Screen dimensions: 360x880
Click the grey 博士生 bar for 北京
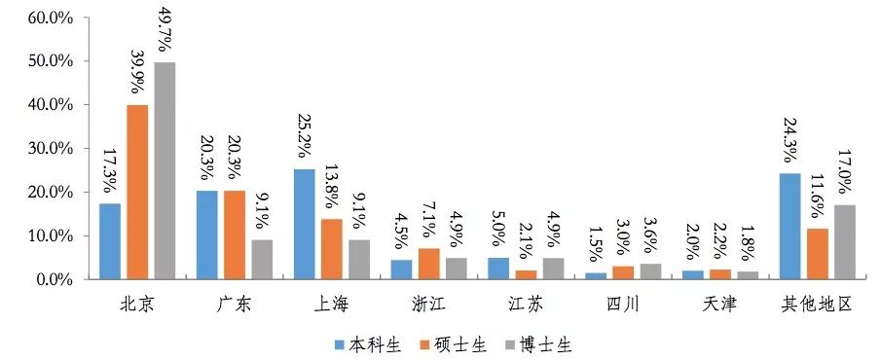pyautogui.click(x=165, y=171)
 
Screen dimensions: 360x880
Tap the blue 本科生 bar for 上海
pyautogui.click(x=304, y=225)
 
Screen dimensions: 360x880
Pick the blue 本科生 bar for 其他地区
pyautogui.click(x=789, y=227)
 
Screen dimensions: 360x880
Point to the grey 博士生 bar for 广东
pyautogui.click(x=262, y=260)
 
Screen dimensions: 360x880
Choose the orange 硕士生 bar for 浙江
pyautogui.click(x=429, y=264)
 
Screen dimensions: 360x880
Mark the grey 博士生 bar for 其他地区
pyautogui.click(x=844, y=242)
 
